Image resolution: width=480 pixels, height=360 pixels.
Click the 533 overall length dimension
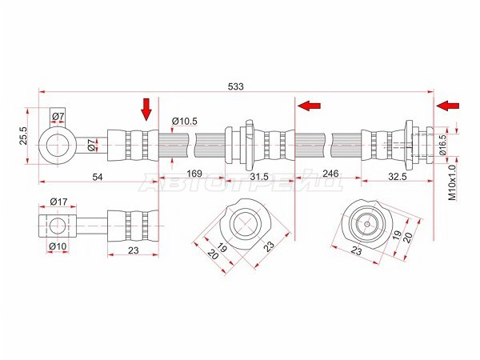tap(236, 86)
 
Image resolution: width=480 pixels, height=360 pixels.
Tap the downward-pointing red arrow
tap(146, 110)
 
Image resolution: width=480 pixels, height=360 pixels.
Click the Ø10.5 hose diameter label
tap(184, 122)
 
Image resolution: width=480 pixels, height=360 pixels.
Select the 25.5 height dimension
tap(24, 136)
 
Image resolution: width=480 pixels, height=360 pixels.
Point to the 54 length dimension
tap(98, 177)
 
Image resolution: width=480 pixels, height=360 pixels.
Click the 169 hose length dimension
tap(194, 174)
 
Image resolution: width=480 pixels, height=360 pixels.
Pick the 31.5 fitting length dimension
tap(259, 177)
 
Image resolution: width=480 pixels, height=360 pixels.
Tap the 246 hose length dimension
tap(330, 174)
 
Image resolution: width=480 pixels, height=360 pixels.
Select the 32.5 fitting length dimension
tap(398, 177)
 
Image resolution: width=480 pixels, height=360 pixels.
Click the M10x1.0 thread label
tap(452, 182)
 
